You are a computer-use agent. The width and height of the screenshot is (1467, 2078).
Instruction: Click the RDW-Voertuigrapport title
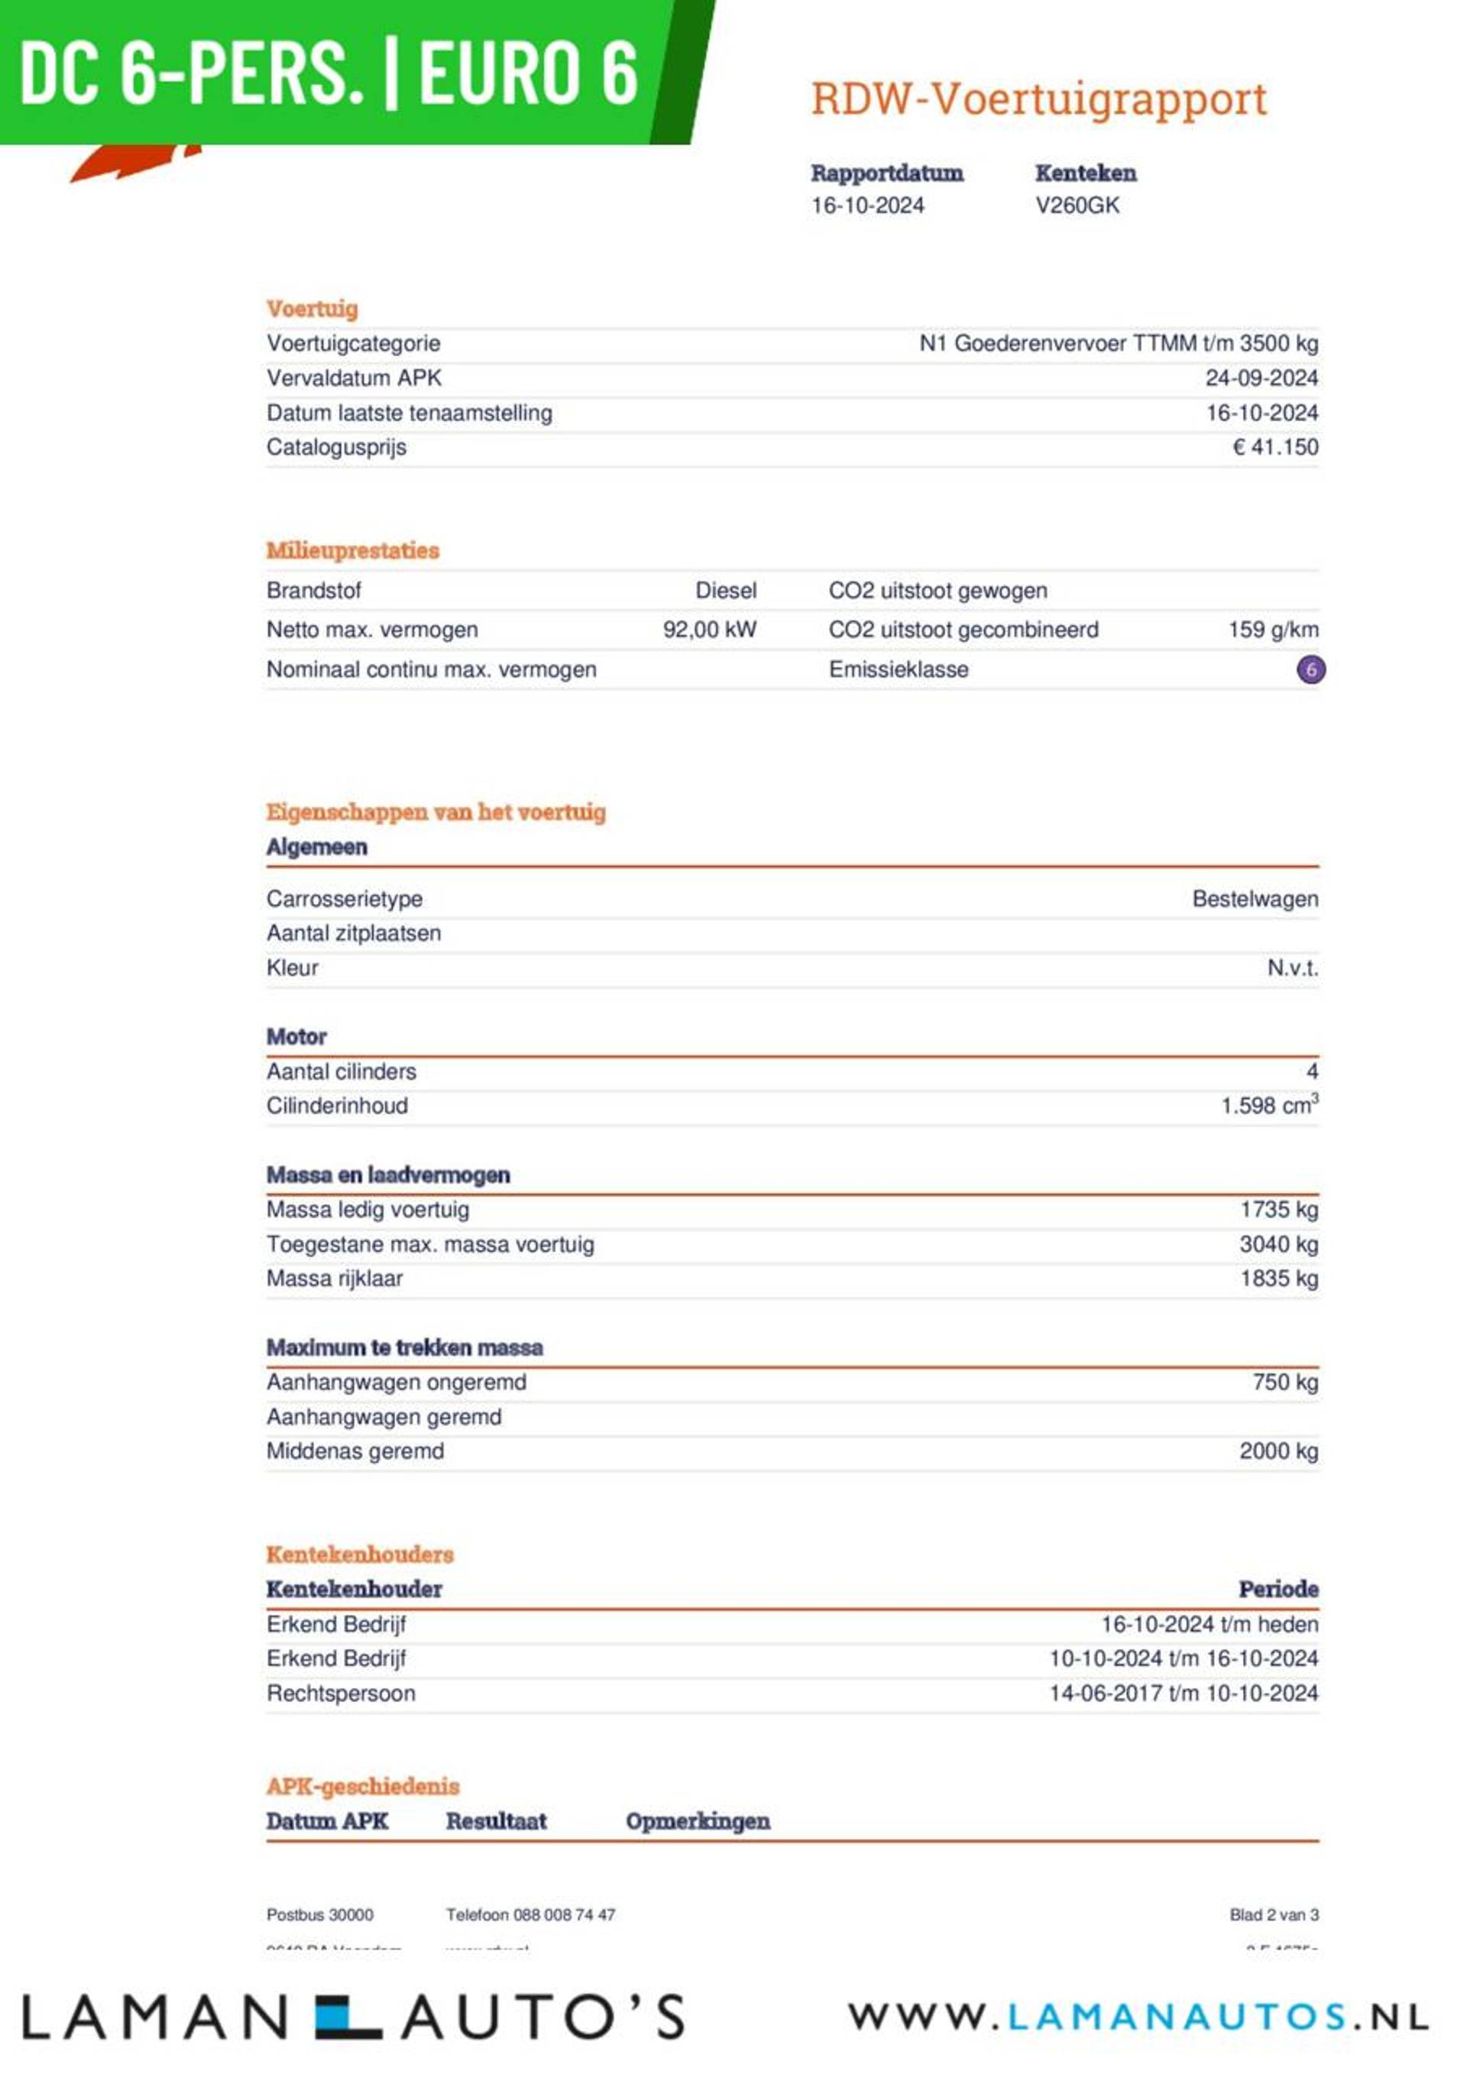(1038, 99)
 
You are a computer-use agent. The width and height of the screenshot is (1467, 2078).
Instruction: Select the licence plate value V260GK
(1077, 206)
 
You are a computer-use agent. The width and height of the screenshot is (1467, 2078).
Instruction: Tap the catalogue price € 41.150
(1275, 447)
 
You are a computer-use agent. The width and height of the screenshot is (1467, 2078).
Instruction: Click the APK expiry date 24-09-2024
(1261, 378)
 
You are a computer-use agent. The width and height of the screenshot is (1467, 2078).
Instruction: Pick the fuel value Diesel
(726, 591)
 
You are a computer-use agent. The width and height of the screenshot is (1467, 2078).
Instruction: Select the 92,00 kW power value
(710, 630)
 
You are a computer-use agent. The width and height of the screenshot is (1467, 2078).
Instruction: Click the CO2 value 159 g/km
(1272, 630)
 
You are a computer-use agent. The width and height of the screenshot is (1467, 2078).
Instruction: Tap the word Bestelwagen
(1255, 900)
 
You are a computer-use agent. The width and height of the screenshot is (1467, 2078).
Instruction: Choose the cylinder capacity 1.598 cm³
(1269, 1106)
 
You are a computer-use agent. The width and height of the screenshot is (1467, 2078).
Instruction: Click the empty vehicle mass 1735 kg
(1279, 1210)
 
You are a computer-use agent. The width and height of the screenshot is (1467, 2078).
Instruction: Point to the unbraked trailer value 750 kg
(1285, 1383)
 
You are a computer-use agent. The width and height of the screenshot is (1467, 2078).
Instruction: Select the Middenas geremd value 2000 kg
(1279, 1452)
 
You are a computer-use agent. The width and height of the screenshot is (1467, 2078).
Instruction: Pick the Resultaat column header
(496, 1822)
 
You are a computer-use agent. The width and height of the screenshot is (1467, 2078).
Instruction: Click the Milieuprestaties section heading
(352, 550)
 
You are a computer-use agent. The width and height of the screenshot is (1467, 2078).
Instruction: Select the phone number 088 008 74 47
(564, 1915)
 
